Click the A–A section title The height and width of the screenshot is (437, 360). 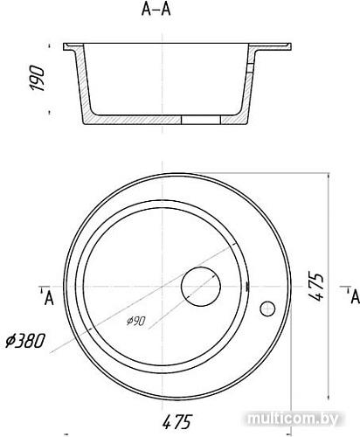(x=156, y=10)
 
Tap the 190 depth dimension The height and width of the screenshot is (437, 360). (x=37, y=79)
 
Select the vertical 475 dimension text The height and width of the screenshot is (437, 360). (x=315, y=287)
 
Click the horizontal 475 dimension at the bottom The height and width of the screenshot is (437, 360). (x=177, y=421)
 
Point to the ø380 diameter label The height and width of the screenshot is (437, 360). (x=25, y=341)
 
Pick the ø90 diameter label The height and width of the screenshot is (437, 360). (x=136, y=321)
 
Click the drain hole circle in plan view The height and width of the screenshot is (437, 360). (x=201, y=287)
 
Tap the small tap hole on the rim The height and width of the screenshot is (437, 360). (x=267, y=309)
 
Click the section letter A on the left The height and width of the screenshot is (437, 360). (x=49, y=298)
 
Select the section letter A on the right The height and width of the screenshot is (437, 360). (x=356, y=297)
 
